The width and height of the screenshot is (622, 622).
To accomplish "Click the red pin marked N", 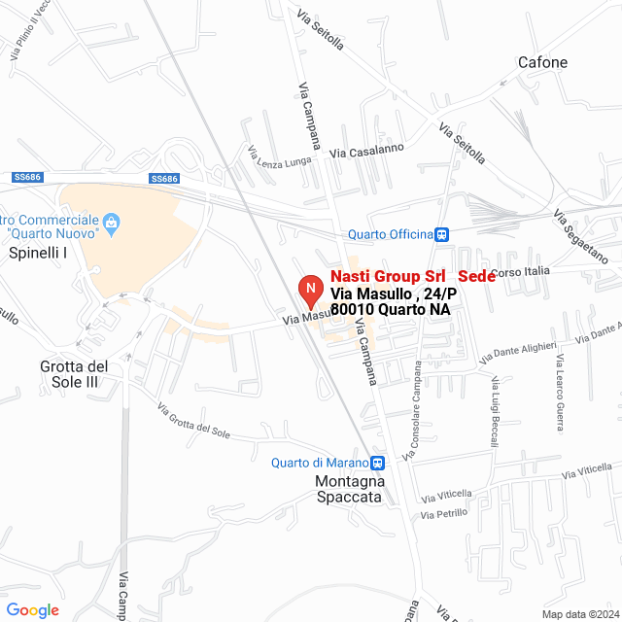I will (x=309, y=291).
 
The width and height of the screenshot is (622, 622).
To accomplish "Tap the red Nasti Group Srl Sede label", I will (x=413, y=277).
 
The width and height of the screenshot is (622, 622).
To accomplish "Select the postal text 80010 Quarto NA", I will (x=391, y=309).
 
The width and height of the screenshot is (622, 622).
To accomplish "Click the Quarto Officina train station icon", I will (x=442, y=234).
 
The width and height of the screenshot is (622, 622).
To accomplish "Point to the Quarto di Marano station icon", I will (x=377, y=463).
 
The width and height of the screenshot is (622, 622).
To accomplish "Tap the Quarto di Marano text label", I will (x=320, y=463).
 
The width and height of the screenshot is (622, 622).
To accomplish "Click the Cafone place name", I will (x=542, y=63).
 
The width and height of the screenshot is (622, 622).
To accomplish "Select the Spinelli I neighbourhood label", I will (x=38, y=253).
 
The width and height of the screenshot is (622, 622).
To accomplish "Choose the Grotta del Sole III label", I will (x=83, y=374).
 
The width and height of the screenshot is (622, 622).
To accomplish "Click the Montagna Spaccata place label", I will (x=350, y=489).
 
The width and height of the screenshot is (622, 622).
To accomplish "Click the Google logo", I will (x=32, y=610).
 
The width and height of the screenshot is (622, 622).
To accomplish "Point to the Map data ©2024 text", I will (x=578, y=613).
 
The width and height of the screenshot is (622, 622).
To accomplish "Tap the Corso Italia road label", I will (x=521, y=271).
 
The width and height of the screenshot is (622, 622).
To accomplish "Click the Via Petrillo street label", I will (x=444, y=513).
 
